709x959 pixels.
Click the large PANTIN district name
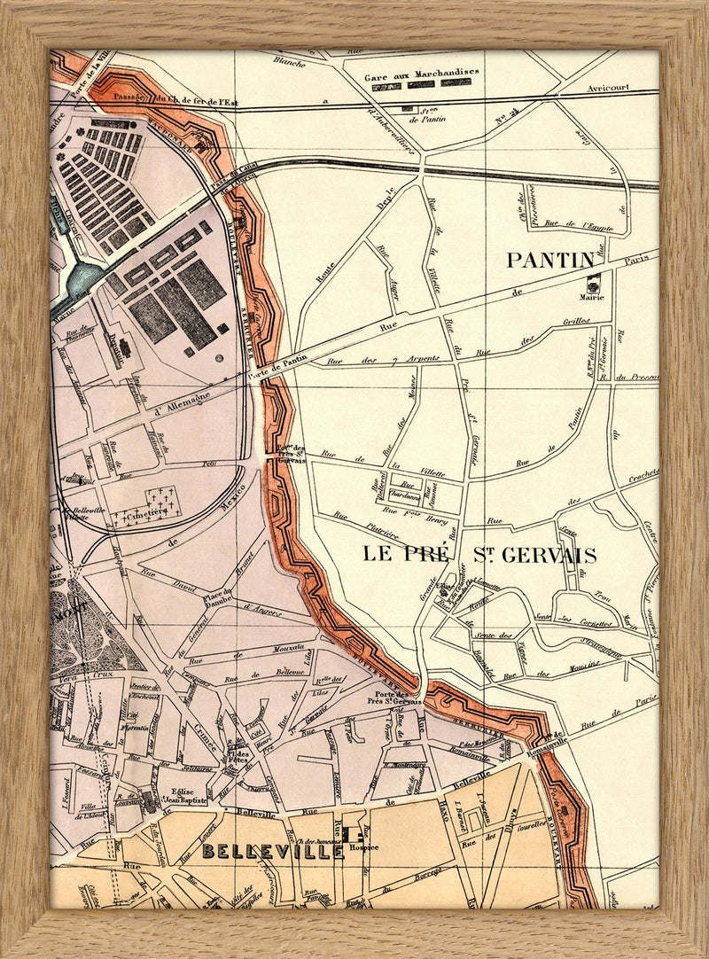[549, 260]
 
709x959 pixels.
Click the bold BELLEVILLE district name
[272, 852]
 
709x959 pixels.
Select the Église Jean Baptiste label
[178, 795]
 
